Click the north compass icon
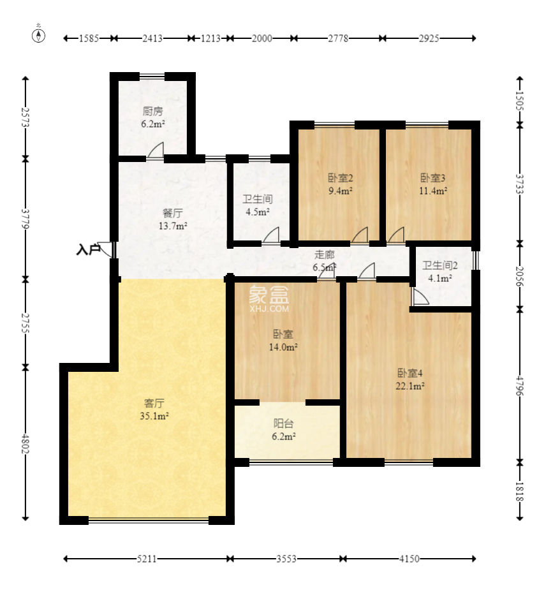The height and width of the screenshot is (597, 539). click(x=38, y=35)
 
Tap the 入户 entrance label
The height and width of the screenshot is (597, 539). click(x=88, y=250)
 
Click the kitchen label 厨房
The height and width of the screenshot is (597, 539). click(x=153, y=111)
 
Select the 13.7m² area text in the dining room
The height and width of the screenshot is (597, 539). click(x=173, y=226)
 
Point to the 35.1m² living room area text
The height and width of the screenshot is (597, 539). click(x=154, y=416)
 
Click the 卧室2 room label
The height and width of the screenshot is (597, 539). click(x=340, y=178)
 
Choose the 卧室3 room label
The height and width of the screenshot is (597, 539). click(x=433, y=178)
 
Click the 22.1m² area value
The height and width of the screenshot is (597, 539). click(x=410, y=386)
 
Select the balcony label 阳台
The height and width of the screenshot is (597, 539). click(x=284, y=424)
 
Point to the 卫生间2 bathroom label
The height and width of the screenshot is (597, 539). click(x=440, y=265)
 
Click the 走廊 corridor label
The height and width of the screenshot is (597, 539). click(x=324, y=254)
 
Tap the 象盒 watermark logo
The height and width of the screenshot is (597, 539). click(x=269, y=295)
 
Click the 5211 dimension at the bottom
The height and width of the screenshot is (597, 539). click(x=147, y=559)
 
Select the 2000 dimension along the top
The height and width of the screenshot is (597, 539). click(x=262, y=38)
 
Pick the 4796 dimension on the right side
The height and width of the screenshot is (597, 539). click(x=520, y=386)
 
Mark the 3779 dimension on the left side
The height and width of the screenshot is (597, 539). click(x=25, y=218)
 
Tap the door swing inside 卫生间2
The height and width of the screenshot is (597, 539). click(x=420, y=296)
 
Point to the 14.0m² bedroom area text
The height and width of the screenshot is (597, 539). click(x=283, y=347)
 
